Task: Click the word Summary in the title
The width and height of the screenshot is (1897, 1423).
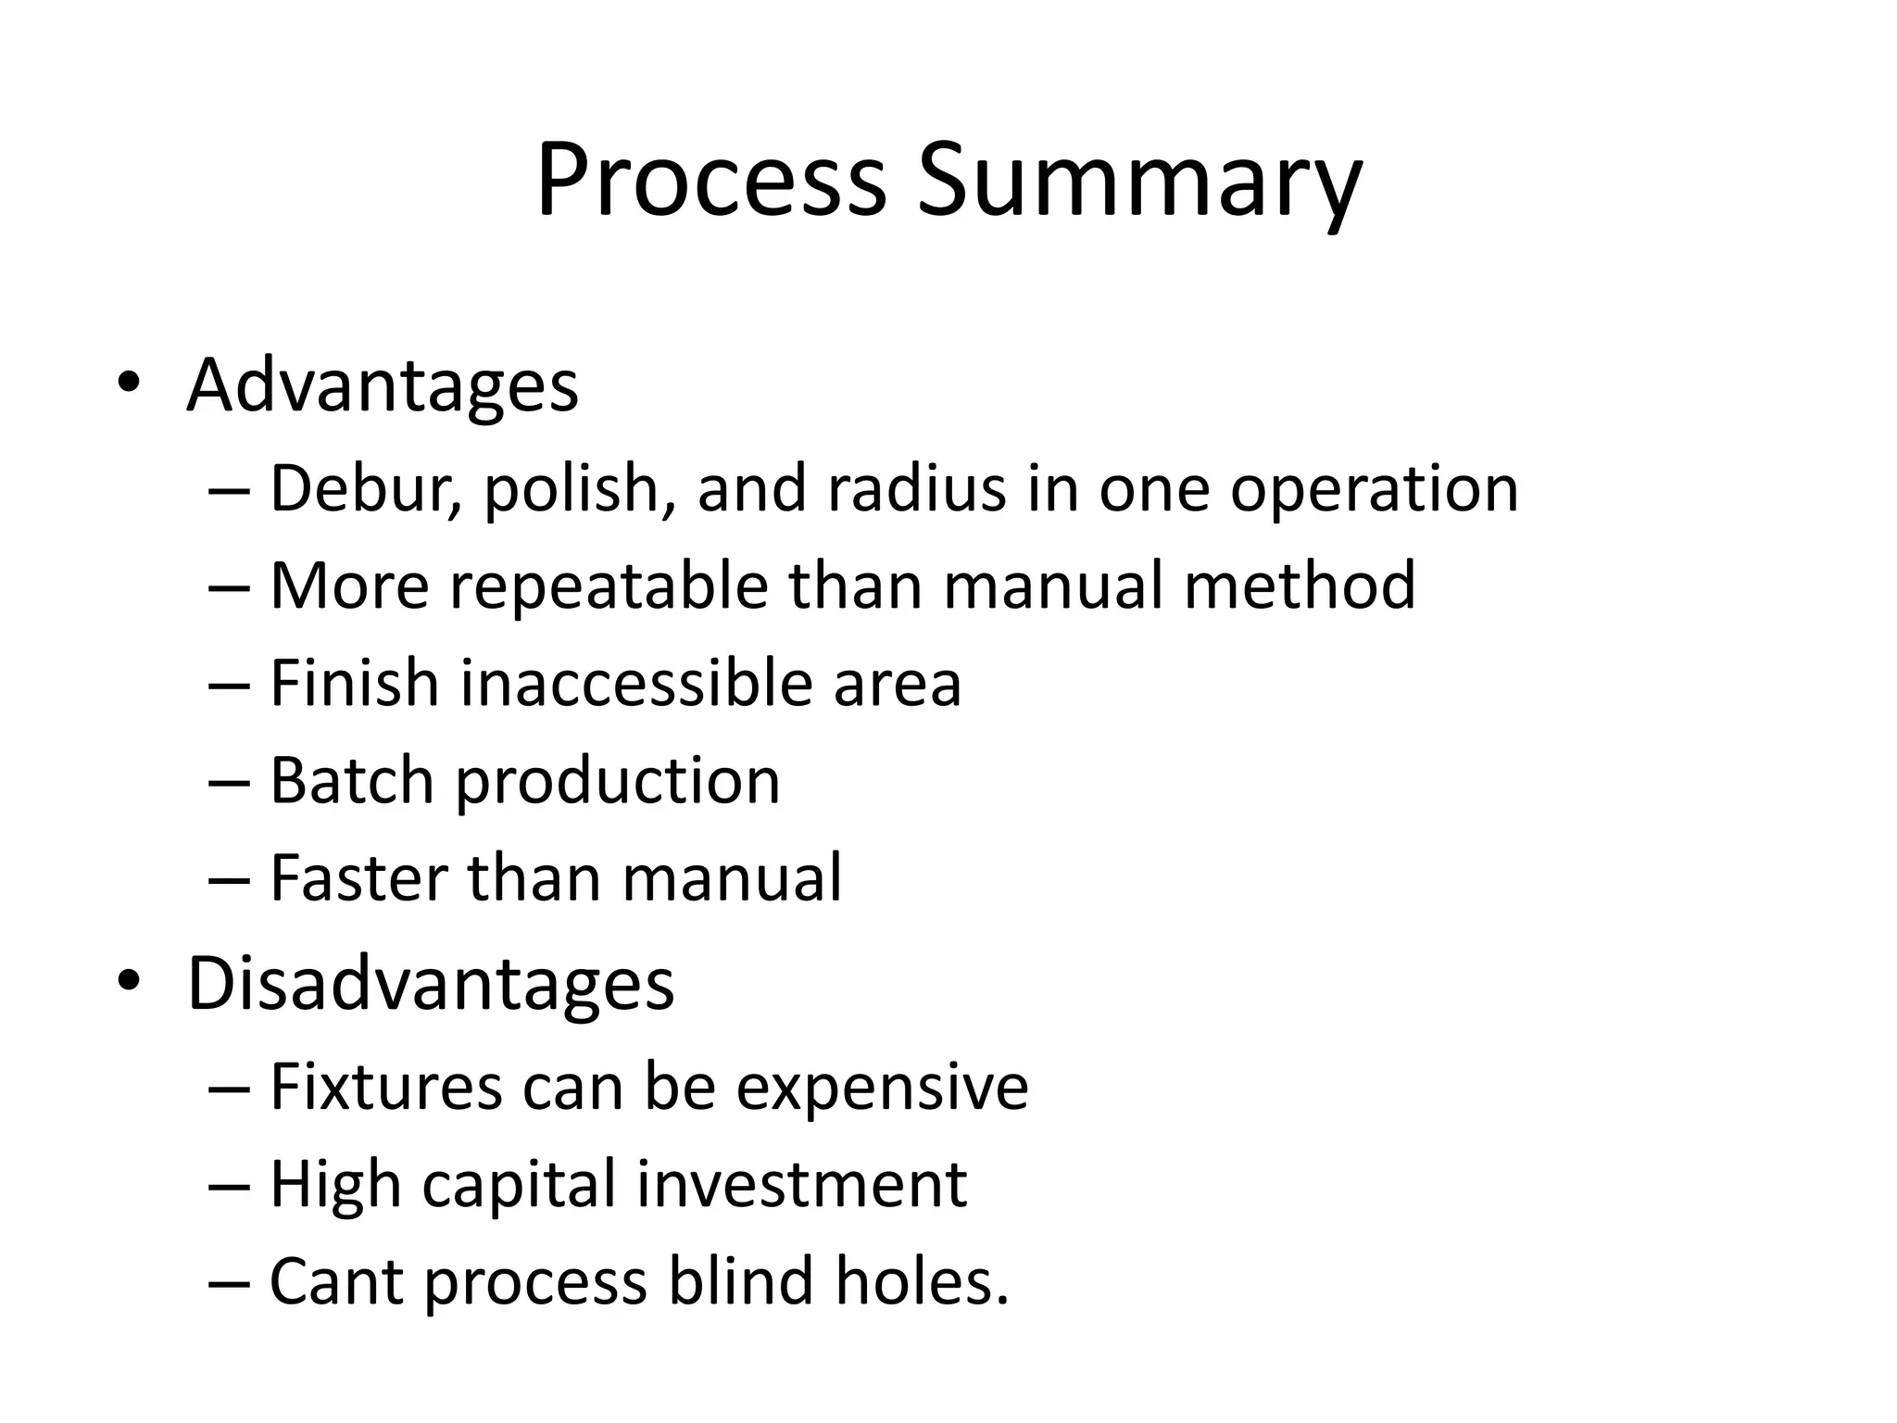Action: click(x=1139, y=180)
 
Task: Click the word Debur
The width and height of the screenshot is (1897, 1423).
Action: click(x=365, y=488)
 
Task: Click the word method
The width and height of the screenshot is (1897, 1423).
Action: click(x=1300, y=586)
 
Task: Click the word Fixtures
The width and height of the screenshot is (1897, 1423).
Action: click(x=386, y=1087)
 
